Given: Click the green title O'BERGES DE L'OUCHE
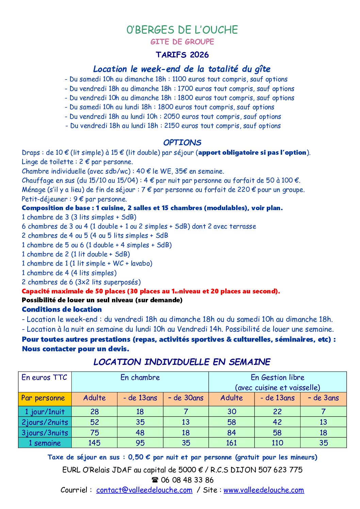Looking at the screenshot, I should (182, 30).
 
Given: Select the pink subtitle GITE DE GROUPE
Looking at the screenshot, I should (182, 42).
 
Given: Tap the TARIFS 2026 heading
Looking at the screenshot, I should (182, 55).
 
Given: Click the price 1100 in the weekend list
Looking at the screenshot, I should (179, 79).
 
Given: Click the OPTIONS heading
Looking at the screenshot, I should (182, 142).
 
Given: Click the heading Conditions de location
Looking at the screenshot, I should (62, 309).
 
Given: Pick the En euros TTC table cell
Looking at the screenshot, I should (45, 377).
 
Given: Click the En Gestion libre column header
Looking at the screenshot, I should (277, 377).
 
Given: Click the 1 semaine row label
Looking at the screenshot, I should (45, 443).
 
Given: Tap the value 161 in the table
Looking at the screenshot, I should (231, 443).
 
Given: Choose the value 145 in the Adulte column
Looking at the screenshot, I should (94, 443).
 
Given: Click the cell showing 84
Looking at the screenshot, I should (231, 433).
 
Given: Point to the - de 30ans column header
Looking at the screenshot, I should (186, 398).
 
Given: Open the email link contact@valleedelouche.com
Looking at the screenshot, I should (144, 490).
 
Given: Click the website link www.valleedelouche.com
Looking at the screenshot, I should (264, 490).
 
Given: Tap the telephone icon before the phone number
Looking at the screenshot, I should (155, 480).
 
